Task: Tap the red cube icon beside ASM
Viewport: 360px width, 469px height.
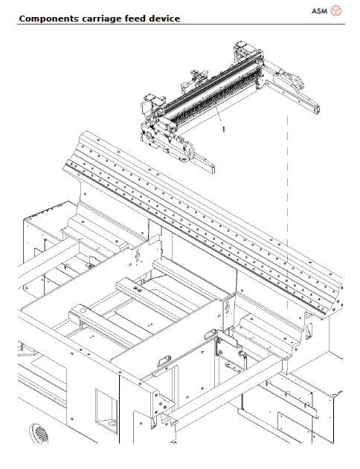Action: [336, 10]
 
